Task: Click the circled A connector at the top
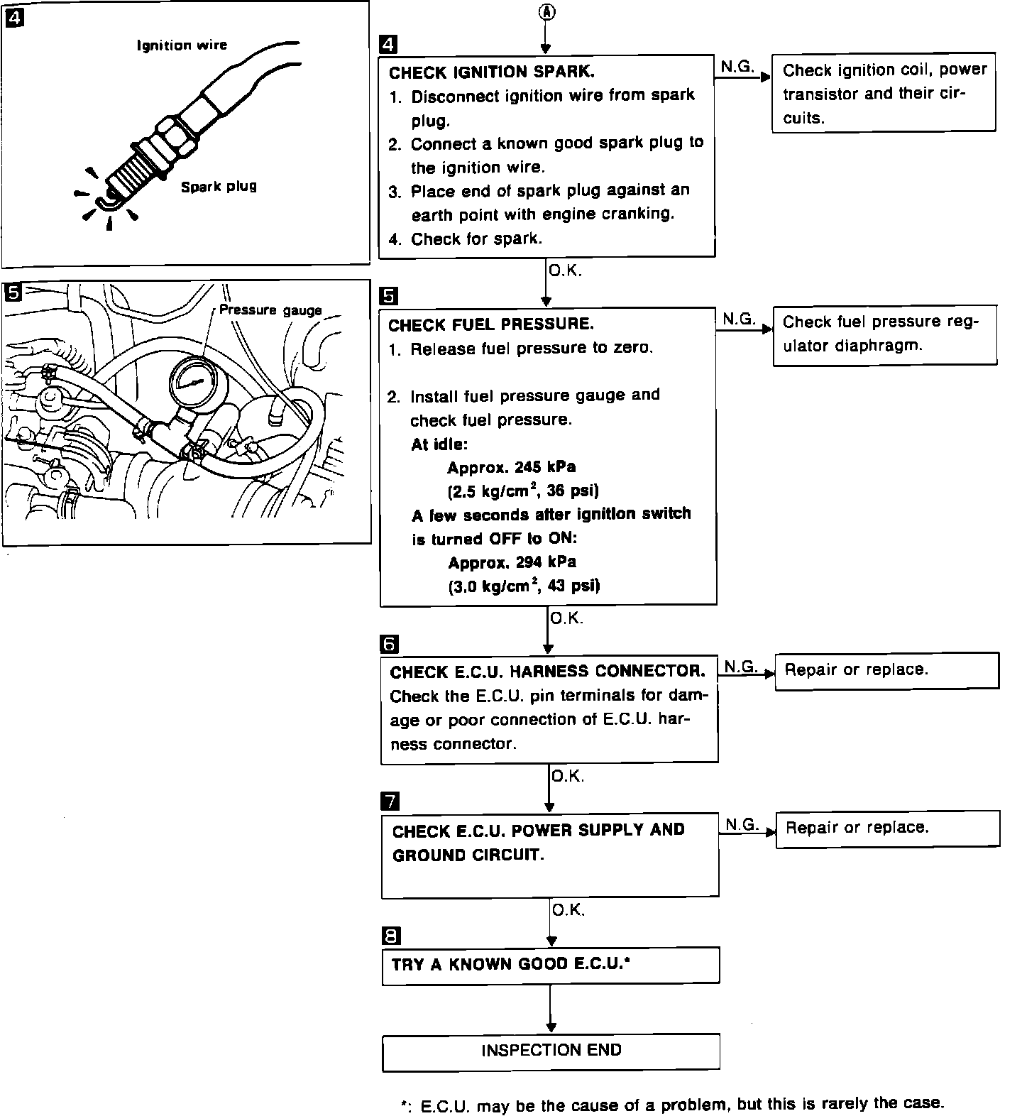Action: click(545, 11)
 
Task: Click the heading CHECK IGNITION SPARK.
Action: click(492, 72)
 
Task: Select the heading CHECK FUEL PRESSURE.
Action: click(490, 324)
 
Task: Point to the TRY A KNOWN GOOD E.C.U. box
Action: click(551, 965)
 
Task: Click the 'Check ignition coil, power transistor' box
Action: click(884, 94)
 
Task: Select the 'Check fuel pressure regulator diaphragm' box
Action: click(884, 334)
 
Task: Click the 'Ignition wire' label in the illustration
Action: click(182, 45)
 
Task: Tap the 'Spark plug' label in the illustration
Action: click(218, 187)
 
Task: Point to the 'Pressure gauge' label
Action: click(270, 310)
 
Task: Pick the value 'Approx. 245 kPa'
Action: click(511, 468)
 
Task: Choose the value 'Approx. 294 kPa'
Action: click(512, 563)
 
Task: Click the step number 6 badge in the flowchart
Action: click(390, 644)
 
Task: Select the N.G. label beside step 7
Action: click(742, 824)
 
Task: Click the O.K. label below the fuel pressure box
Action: click(566, 618)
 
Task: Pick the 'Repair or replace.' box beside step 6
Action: click(886, 671)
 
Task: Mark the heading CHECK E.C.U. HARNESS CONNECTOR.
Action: click(547, 672)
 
